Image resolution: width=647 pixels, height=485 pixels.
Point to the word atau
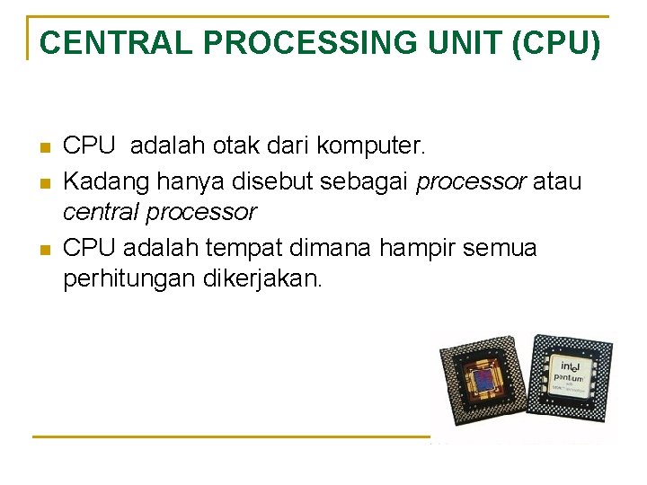(557, 181)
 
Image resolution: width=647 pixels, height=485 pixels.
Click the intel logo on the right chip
(570, 366)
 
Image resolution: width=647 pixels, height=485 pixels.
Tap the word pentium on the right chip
(571, 382)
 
